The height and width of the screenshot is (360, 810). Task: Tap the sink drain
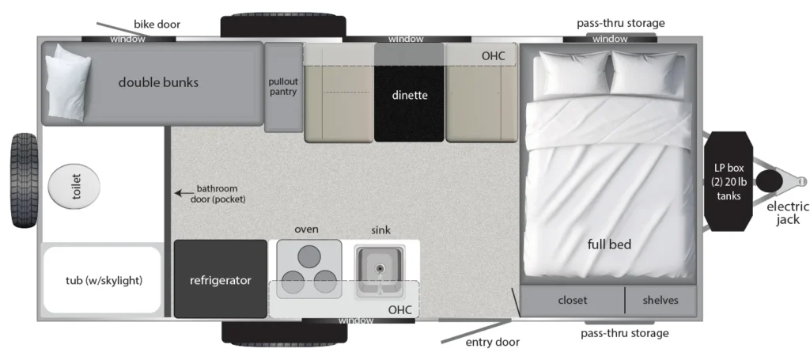(380, 268)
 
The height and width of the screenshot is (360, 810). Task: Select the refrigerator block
(221, 279)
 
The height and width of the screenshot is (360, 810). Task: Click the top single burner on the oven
(309, 256)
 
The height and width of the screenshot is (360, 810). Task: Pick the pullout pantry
(283, 87)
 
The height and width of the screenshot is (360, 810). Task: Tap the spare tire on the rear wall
(25, 180)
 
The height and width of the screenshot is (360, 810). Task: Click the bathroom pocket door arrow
(184, 193)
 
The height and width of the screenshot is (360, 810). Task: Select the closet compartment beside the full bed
(573, 300)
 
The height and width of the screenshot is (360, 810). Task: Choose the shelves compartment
(660, 300)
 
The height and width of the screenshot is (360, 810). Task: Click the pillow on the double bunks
(67, 82)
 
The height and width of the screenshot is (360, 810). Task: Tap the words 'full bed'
(610, 244)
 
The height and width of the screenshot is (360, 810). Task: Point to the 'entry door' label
(493, 342)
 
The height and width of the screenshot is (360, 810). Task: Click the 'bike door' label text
(157, 25)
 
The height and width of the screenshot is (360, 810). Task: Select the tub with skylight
(103, 280)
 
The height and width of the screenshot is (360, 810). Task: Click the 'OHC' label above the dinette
(493, 56)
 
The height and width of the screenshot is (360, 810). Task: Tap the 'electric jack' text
(788, 213)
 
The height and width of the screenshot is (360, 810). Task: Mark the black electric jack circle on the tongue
(770, 181)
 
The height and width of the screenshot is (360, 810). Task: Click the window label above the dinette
(406, 39)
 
